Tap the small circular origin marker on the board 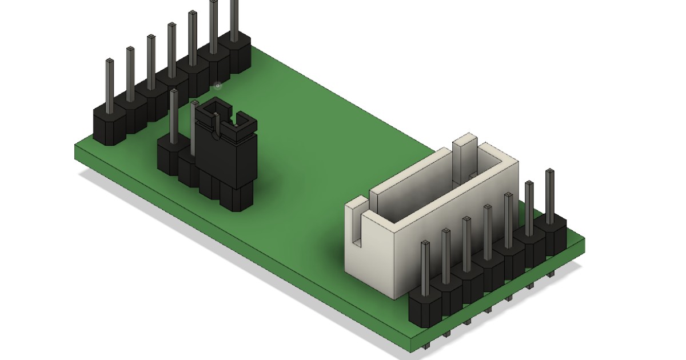point(217,86)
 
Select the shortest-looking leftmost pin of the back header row point(110,80)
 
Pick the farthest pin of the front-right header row point(549,194)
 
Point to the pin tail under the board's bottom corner point(426,345)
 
